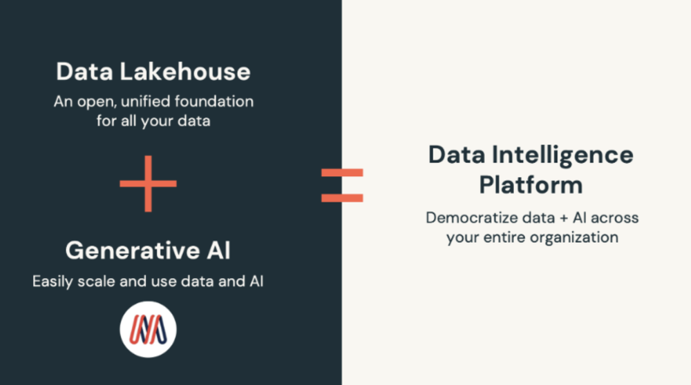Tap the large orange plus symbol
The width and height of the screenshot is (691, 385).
click(x=148, y=184)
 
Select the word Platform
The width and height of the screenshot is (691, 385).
click(x=531, y=185)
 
